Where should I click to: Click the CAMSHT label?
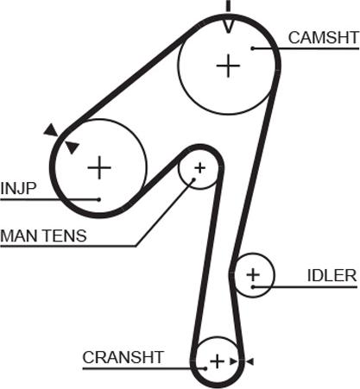point(324,38)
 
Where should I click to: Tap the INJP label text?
point(18,188)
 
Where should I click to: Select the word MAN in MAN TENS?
point(20,235)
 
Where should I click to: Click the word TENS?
point(65,235)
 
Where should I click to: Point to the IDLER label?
point(332,275)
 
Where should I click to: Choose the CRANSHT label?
point(123,357)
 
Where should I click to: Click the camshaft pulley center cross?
point(228,66)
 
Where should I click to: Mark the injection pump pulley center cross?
point(99,167)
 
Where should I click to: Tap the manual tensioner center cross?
point(199,168)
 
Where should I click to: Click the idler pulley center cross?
point(253,275)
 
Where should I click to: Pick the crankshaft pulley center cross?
point(217,361)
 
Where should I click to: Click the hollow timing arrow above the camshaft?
point(228,27)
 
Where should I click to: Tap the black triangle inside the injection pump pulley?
point(72,147)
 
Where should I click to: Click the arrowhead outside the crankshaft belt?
point(249,361)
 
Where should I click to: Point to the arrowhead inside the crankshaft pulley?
point(233,361)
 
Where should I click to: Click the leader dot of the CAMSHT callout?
point(253,48)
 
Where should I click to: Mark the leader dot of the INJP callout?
point(99,199)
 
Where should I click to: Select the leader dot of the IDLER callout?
point(253,287)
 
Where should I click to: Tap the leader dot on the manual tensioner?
point(194,179)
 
